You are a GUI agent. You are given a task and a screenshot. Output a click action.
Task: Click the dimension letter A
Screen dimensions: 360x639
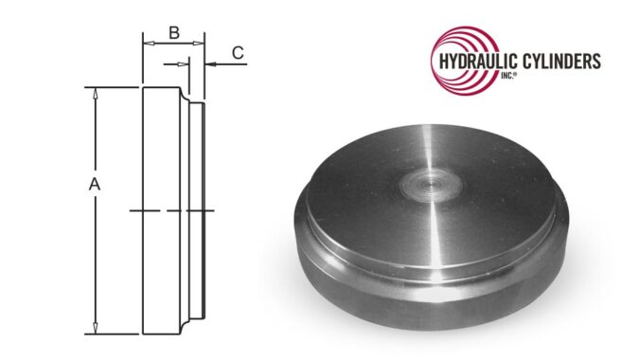[95, 187]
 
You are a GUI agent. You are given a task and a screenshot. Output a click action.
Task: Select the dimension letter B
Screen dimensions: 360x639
[173, 32]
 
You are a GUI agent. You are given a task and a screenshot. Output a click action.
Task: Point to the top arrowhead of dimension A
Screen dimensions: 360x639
[95, 93]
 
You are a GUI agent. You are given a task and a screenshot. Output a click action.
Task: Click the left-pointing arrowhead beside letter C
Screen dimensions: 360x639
[210, 63]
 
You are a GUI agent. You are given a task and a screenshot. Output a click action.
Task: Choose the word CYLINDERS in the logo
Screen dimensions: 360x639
[556, 62]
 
